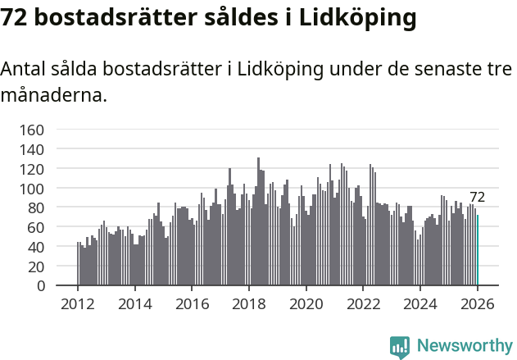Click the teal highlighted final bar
point(478,250)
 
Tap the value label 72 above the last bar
point(477,197)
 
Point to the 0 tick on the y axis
point(39,286)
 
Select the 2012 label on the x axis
point(78,304)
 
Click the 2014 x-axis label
point(135,304)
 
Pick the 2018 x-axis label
point(249,304)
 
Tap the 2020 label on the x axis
point(306,304)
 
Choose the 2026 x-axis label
point(478,304)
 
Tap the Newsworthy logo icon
point(400,347)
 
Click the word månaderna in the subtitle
point(53,96)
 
